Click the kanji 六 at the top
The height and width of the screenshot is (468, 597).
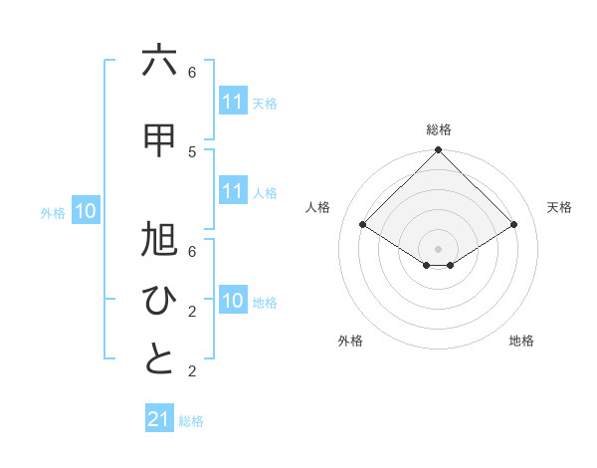(x=159, y=61)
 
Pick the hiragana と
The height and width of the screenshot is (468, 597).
(x=159, y=359)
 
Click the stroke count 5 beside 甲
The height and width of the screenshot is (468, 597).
(x=192, y=151)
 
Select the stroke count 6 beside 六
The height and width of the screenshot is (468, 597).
(x=192, y=73)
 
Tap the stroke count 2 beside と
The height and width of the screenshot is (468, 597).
(x=192, y=372)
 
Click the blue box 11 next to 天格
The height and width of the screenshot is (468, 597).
(x=232, y=102)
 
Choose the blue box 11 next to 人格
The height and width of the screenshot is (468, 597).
(x=232, y=191)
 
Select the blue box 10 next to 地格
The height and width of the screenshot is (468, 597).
(x=232, y=301)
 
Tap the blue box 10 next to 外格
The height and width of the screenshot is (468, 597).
(x=86, y=211)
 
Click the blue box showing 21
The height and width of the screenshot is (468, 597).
(x=159, y=419)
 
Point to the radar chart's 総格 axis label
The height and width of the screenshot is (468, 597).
(x=439, y=129)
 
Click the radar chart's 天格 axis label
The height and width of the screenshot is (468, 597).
(x=560, y=207)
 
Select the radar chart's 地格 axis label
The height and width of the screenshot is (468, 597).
(x=521, y=341)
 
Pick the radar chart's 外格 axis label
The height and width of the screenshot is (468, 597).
(x=350, y=341)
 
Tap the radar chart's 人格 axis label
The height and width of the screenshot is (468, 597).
(x=318, y=207)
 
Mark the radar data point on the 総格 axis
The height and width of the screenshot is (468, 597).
(x=438, y=150)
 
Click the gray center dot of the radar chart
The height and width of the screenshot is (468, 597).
(x=438, y=248)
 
